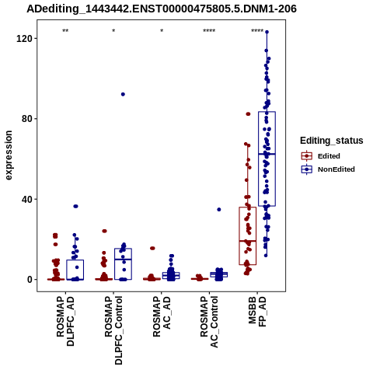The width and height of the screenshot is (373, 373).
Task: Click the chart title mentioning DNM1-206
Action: coord(162,9)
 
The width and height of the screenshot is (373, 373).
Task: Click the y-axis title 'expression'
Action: coord(9,155)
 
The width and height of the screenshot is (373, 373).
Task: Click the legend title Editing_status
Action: coord(332,141)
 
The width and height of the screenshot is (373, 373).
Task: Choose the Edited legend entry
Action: coord(329,156)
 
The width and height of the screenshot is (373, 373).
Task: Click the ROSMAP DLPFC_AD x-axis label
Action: coord(65,321)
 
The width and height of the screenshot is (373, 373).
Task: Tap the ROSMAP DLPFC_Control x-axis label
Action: coord(113,330)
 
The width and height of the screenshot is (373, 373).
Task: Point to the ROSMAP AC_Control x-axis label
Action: coord(209,322)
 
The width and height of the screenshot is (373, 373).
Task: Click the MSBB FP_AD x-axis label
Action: coord(257,312)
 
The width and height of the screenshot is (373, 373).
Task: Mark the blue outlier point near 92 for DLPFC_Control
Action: coord(123,94)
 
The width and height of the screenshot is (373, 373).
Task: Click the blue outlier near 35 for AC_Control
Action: coord(219,210)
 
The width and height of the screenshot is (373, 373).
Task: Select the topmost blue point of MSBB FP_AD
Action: coord(267,32)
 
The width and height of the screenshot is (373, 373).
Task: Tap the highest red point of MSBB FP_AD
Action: coord(248,114)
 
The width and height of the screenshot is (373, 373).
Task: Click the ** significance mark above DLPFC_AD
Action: coord(65,30)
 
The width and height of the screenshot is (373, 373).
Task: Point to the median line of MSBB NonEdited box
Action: coord(267,154)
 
